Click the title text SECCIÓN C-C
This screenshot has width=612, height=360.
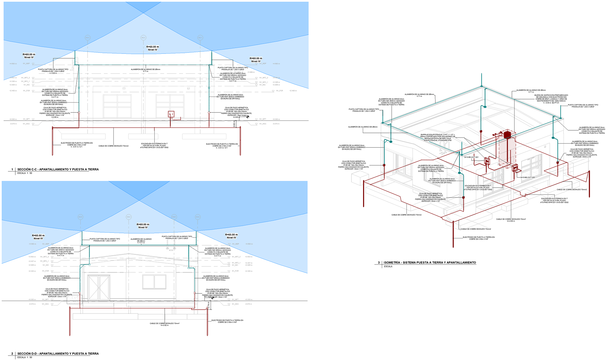58,169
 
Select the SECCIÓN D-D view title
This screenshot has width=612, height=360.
58,354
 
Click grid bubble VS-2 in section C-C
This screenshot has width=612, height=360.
143,38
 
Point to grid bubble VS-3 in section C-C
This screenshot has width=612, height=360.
200,38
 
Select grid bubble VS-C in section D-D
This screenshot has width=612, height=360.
128,217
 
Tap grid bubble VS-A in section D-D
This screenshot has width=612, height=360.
197,217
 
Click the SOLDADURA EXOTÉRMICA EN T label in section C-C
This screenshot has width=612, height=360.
154,146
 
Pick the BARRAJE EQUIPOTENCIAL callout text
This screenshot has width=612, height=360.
437,137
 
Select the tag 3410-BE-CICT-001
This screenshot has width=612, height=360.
471,157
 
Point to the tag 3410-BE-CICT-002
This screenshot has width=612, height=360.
528,177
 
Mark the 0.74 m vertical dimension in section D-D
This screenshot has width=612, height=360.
208,305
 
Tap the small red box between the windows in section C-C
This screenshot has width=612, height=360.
171,114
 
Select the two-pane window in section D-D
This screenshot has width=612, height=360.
154,282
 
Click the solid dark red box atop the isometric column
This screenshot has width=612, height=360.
507,134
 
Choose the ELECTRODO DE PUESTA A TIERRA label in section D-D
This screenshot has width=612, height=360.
227,321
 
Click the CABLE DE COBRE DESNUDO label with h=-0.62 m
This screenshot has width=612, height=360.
164,324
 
